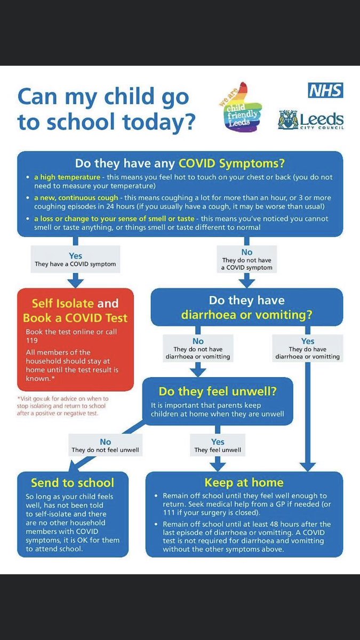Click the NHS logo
[x=325, y=91]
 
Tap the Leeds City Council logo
[x=311, y=119]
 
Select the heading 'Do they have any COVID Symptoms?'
[x=179, y=163]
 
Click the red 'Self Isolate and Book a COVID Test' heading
[x=75, y=310]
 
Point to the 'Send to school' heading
[x=73, y=483]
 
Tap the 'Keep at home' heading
[x=244, y=483]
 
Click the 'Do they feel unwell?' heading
[x=218, y=391]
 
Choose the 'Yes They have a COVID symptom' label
[x=75, y=260]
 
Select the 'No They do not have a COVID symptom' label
[x=247, y=260]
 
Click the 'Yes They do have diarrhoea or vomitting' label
[x=308, y=348]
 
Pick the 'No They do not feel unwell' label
[x=106, y=446]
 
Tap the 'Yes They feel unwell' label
[x=218, y=446]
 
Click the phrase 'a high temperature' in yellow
[x=67, y=177]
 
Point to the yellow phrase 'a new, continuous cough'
[x=76, y=197]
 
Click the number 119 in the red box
[x=33, y=340]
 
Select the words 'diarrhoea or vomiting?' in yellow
[x=246, y=315]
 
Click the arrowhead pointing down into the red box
[x=75, y=281]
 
